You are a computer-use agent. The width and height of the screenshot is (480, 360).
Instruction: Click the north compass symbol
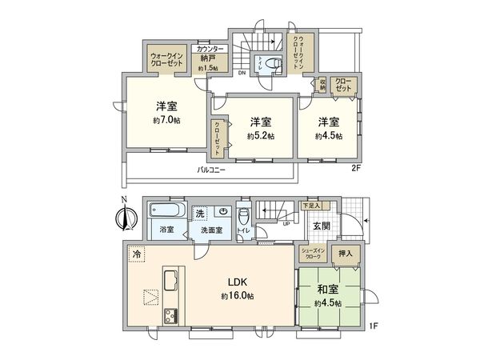(122, 217)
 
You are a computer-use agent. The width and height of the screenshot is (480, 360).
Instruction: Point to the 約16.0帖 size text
(238, 296)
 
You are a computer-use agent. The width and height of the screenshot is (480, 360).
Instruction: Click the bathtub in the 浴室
(166, 213)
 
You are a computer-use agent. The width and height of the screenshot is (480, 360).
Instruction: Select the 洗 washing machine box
(201, 213)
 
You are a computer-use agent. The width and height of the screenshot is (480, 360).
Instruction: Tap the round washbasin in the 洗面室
(225, 213)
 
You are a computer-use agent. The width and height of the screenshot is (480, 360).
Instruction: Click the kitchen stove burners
(170, 314)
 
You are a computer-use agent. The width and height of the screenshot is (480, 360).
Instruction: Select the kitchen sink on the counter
(170, 282)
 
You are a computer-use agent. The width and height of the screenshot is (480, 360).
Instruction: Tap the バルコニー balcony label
(212, 170)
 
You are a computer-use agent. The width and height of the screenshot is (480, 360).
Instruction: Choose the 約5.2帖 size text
(260, 136)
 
